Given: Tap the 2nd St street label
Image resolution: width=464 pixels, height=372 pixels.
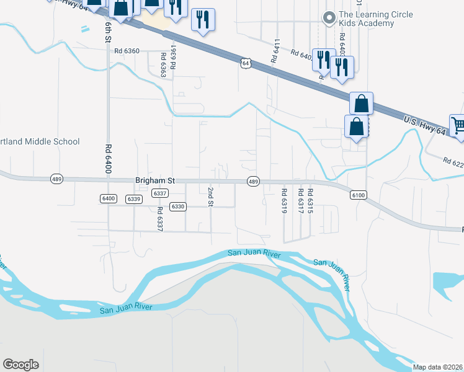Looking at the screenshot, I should click(211, 196).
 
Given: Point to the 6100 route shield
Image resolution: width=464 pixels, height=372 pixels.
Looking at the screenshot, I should click(359, 195).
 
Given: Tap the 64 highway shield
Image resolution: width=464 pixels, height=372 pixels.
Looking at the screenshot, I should click(246, 63).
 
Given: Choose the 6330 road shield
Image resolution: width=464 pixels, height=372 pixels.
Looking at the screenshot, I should click(178, 206).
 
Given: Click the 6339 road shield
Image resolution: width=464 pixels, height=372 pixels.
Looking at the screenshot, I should click(133, 198).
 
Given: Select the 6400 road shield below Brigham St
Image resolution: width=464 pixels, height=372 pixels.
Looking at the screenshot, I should click(108, 198).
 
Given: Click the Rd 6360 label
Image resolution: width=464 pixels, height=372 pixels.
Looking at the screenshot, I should click(127, 51).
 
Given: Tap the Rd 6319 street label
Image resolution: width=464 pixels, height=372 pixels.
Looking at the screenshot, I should click(284, 201).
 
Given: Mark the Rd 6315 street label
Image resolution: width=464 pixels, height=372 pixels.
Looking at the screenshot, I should click(310, 201).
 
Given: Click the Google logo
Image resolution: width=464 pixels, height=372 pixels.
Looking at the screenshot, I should click(20, 364).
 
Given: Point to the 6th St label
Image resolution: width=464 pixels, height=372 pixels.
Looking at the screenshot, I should click(108, 31).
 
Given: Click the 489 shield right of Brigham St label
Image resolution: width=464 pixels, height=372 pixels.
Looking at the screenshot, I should click(253, 182).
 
